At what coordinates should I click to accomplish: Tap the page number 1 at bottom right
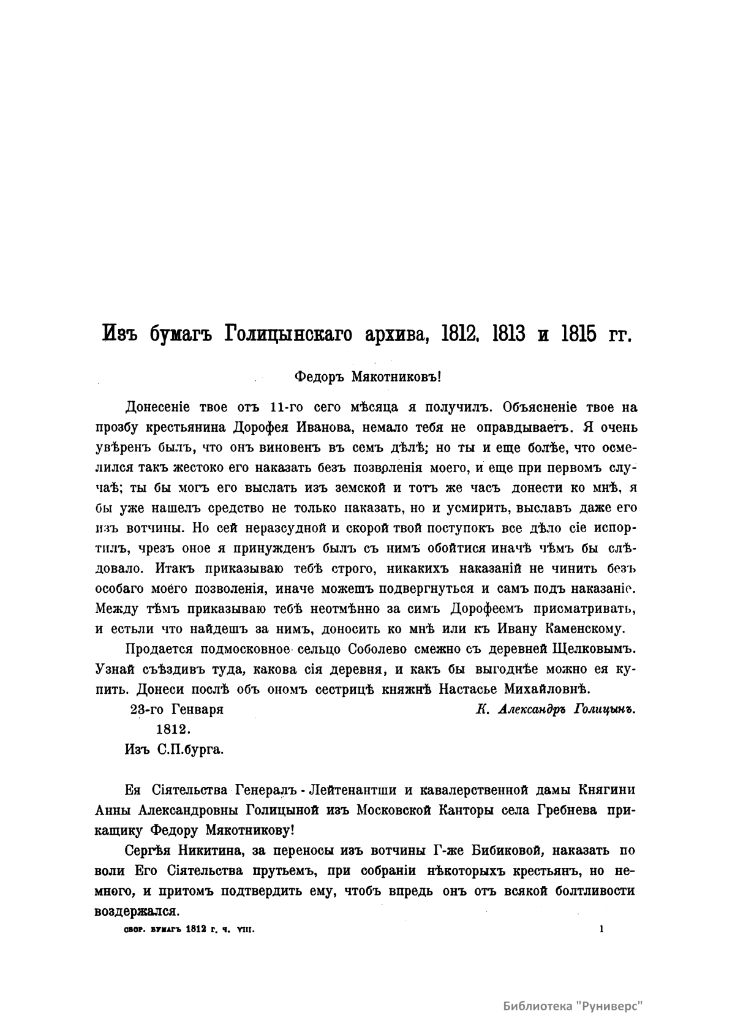point(602,928)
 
